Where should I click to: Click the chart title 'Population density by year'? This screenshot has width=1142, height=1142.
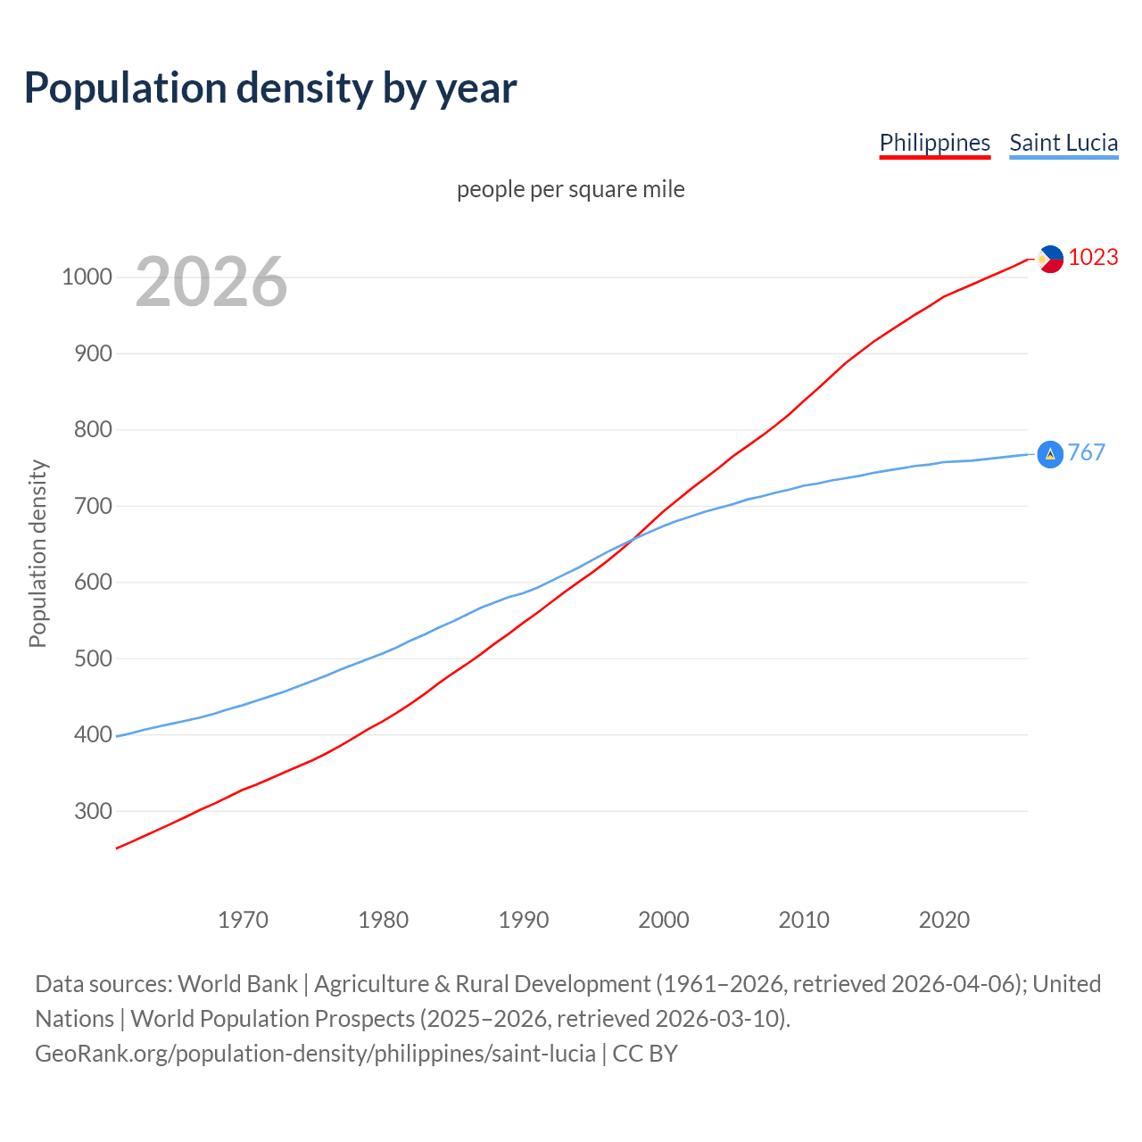(x=270, y=87)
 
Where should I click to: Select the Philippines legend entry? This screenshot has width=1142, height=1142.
(x=934, y=143)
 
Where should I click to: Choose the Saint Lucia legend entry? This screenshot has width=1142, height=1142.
(x=1063, y=143)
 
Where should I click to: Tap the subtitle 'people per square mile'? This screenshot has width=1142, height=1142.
(x=571, y=189)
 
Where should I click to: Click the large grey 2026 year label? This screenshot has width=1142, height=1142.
(x=211, y=282)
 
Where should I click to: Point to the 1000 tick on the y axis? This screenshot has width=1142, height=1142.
(x=87, y=277)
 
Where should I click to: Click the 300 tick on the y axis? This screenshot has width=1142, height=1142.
(x=93, y=811)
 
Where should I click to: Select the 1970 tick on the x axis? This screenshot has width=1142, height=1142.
(x=243, y=919)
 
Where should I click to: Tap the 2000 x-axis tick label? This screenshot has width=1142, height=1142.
(x=663, y=919)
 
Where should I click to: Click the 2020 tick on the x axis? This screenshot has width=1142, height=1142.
(x=944, y=919)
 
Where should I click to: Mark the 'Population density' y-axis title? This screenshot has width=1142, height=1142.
(x=37, y=553)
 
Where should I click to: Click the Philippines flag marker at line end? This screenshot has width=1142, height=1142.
(x=1050, y=259)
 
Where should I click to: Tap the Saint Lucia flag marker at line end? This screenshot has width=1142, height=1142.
(x=1050, y=454)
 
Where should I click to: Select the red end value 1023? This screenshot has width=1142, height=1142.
(x=1093, y=257)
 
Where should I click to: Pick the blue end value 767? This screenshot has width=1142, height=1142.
(x=1086, y=452)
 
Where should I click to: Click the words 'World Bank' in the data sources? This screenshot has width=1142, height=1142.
(x=237, y=983)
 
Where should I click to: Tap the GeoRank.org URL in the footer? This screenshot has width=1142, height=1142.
(x=315, y=1053)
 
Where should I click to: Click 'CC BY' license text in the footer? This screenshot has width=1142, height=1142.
(x=645, y=1053)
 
